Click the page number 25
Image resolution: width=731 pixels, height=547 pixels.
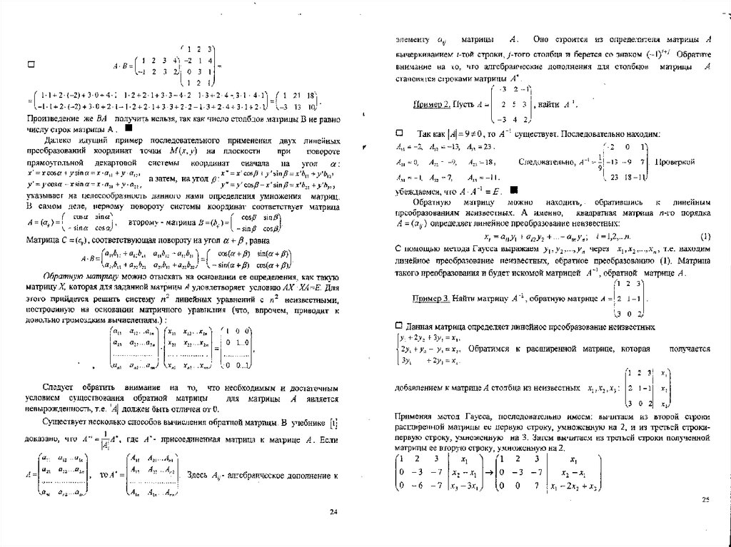705,500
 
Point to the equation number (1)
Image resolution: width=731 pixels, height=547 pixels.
705,236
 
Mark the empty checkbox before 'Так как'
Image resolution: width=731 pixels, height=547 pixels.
400,133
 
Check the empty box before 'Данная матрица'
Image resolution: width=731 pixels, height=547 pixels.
400,325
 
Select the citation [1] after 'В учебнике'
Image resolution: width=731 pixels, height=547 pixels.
332,424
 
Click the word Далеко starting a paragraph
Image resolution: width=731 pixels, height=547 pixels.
60,141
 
